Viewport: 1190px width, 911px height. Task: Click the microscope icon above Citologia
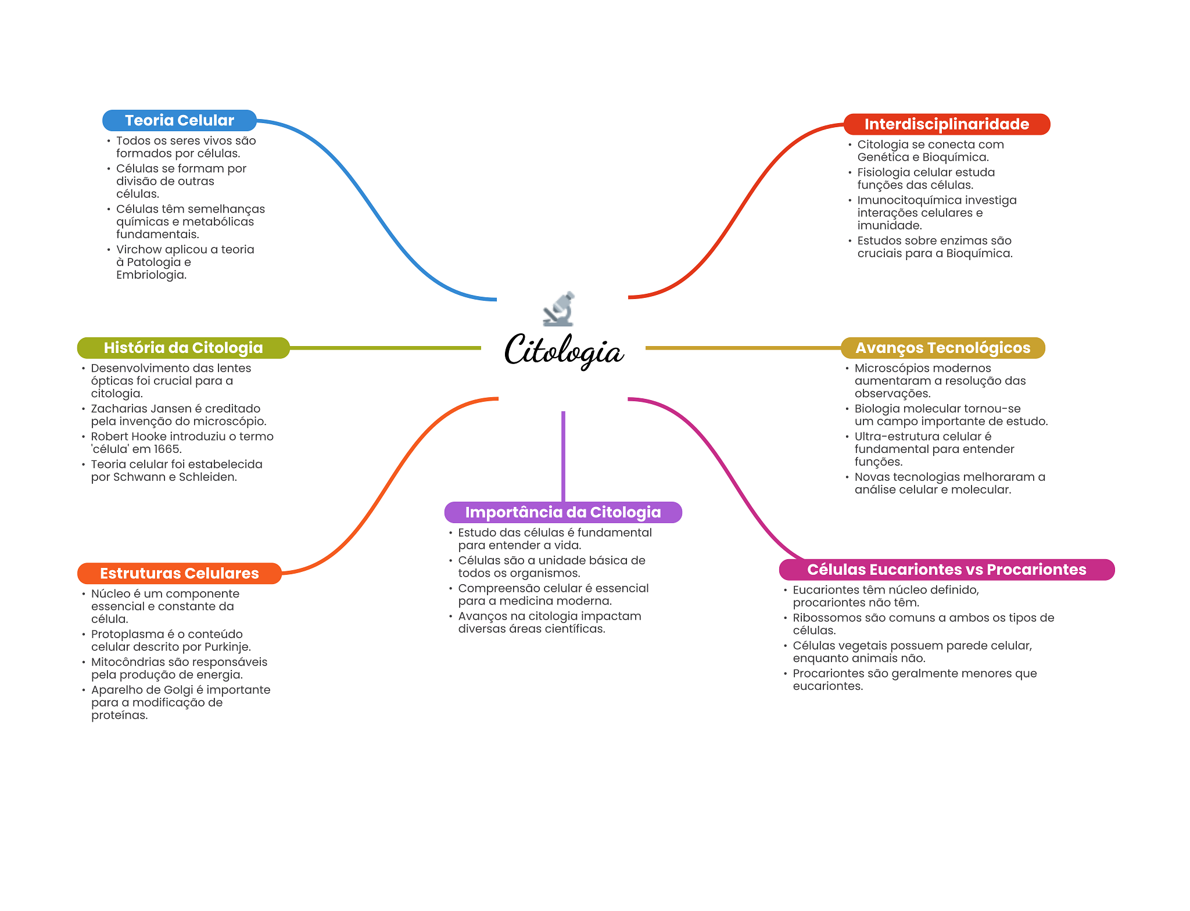(559, 308)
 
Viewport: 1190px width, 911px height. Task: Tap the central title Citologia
(564, 350)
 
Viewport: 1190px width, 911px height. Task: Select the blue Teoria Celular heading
(179, 120)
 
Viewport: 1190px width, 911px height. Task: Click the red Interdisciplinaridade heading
(947, 124)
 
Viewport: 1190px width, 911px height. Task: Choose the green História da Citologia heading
(183, 348)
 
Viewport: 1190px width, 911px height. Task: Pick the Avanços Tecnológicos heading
(942, 348)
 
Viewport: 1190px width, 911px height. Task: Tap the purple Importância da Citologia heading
(562, 512)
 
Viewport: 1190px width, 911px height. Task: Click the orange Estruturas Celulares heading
(179, 573)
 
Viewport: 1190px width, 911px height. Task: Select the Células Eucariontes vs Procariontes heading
(947, 570)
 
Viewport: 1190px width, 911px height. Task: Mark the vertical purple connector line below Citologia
(563, 456)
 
